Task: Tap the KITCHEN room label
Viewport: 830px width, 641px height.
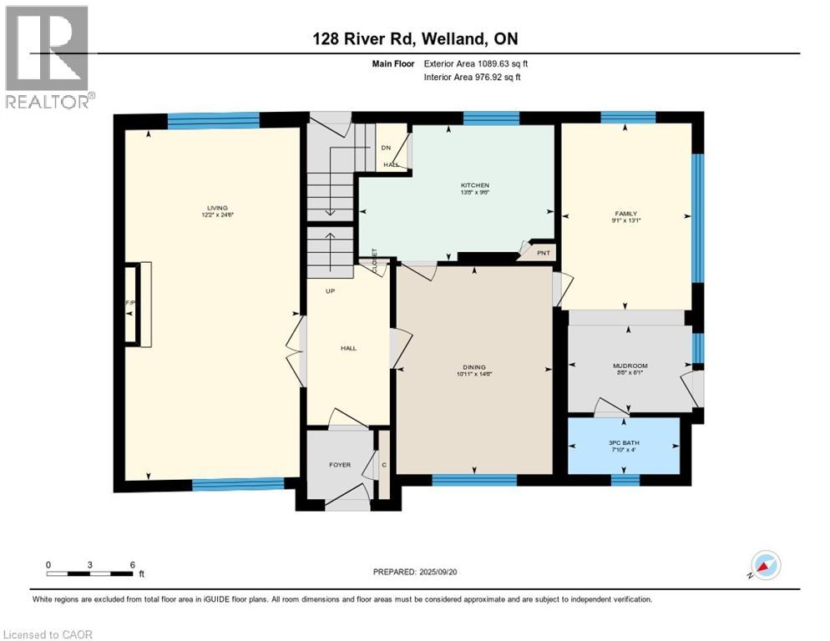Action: point(474,185)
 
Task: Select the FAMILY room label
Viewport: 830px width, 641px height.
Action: point(625,214)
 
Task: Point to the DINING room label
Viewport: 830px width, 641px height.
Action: point(474,367)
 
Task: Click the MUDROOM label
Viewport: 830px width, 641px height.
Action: point(630,366)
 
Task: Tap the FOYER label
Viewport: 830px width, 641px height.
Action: point(340,465)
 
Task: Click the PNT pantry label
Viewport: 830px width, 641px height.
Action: point(543,251)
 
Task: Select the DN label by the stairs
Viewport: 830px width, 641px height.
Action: point(386,148)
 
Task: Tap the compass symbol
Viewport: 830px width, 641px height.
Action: point(766,565)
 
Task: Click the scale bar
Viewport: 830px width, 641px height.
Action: point(90,573)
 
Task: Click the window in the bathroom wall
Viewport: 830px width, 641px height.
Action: point(625,479)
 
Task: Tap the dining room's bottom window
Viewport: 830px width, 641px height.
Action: point(473,479)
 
